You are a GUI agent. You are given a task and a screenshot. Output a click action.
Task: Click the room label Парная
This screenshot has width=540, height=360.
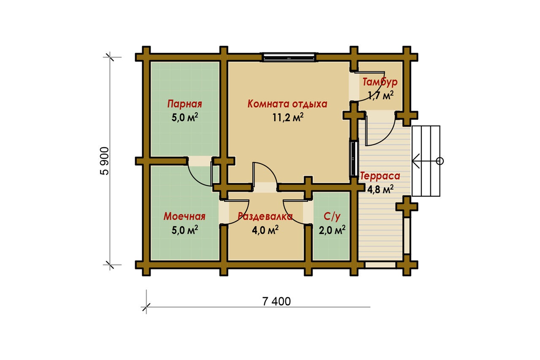184,104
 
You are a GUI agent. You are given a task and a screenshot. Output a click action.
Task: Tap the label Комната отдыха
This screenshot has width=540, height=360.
287,104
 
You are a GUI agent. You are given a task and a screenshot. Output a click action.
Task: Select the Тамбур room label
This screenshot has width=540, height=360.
380,82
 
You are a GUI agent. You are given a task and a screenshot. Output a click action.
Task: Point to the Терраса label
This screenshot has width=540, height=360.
380,176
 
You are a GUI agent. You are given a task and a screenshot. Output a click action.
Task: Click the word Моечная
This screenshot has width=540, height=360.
184,216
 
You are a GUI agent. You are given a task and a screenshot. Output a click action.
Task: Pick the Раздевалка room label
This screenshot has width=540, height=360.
265,216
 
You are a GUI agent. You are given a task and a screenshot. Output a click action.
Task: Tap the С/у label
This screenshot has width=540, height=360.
332,217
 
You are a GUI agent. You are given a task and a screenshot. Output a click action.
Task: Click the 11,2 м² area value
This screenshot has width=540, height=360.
288,117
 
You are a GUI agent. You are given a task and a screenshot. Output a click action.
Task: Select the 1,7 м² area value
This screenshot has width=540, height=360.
381,95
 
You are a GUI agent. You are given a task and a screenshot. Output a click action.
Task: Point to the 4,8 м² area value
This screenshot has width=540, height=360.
380,189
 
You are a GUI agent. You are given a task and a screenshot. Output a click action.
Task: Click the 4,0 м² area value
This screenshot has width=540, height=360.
265,230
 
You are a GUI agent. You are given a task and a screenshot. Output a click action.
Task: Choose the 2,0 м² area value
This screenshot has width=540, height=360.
332,230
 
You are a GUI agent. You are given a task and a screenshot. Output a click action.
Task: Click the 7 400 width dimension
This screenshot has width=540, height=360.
276,301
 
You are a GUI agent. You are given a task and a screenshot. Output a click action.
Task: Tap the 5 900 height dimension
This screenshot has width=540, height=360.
105,161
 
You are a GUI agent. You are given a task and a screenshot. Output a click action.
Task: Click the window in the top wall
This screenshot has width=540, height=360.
289,57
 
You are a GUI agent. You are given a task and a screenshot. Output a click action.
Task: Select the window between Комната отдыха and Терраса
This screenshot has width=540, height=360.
354,159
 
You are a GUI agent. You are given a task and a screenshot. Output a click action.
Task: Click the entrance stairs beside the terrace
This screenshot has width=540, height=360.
426,161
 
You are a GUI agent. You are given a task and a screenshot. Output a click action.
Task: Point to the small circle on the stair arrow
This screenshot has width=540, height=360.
440,161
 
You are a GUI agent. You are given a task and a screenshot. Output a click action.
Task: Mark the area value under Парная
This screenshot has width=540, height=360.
185,117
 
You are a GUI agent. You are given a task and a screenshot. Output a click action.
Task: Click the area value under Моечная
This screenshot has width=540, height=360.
185,230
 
